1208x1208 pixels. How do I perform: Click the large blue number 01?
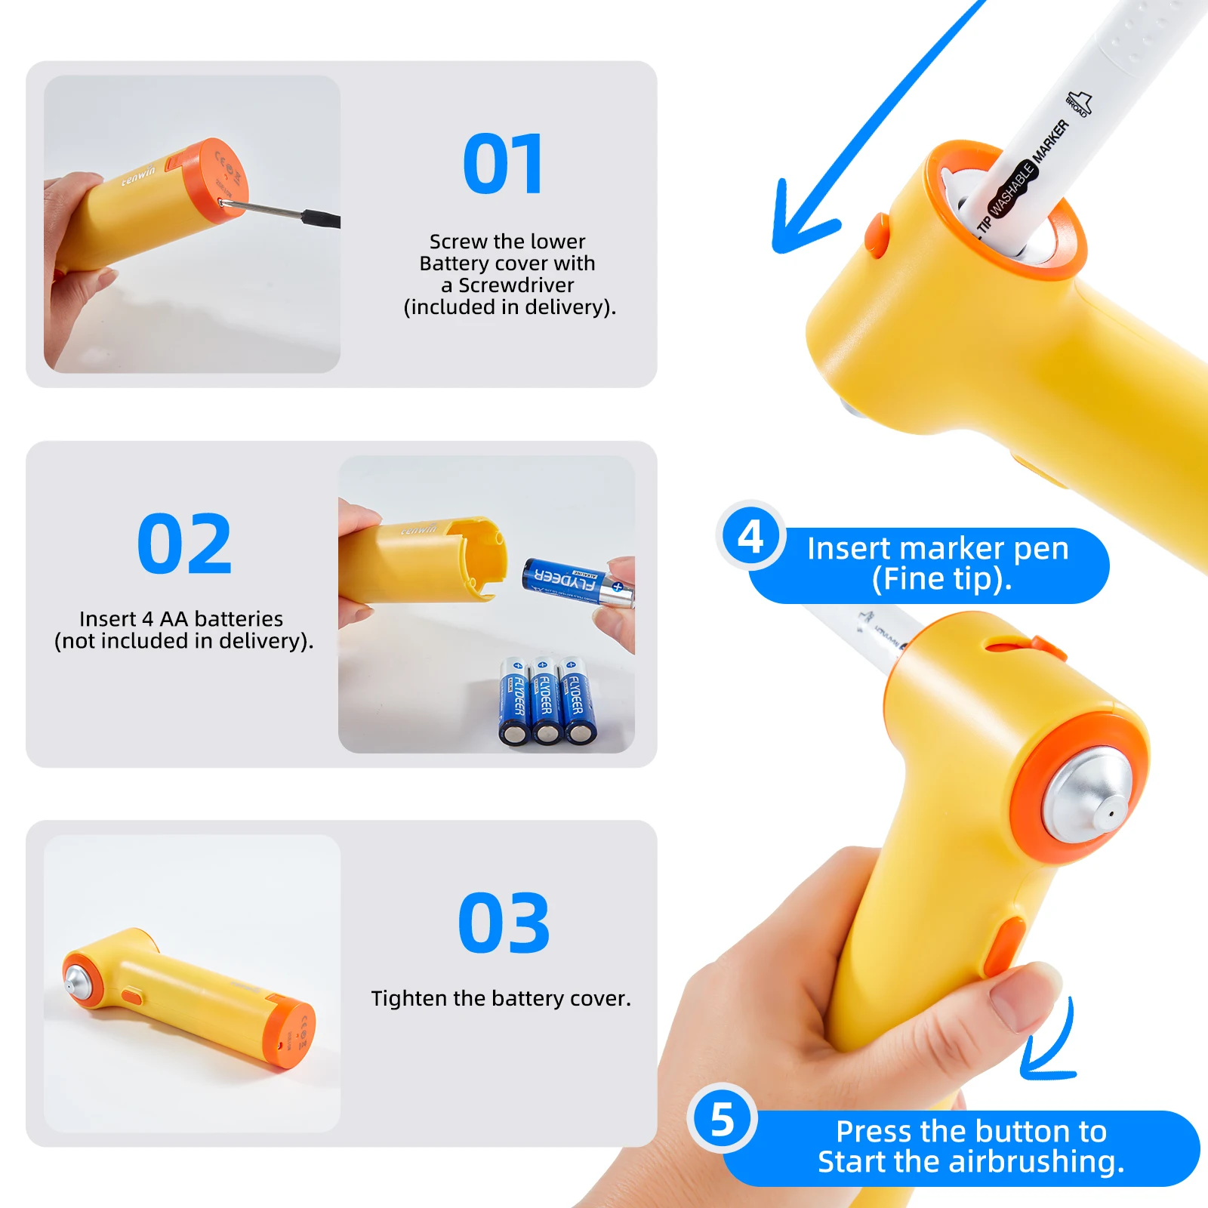coord(503,164)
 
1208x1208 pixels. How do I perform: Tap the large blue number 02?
coord(184,543)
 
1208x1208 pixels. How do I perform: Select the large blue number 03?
coord(504,923)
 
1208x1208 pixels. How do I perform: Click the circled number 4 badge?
coord(750,537)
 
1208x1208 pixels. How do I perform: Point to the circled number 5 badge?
coord(723,1120)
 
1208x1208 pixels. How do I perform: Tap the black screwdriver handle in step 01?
coord(322,219)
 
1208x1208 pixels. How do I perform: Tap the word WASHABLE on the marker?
coord(1012,188)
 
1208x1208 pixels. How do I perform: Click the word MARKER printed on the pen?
coord(1051,141)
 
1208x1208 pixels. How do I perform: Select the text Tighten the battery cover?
coord(501,998)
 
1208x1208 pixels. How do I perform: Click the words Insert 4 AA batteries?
coord(181,619)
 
